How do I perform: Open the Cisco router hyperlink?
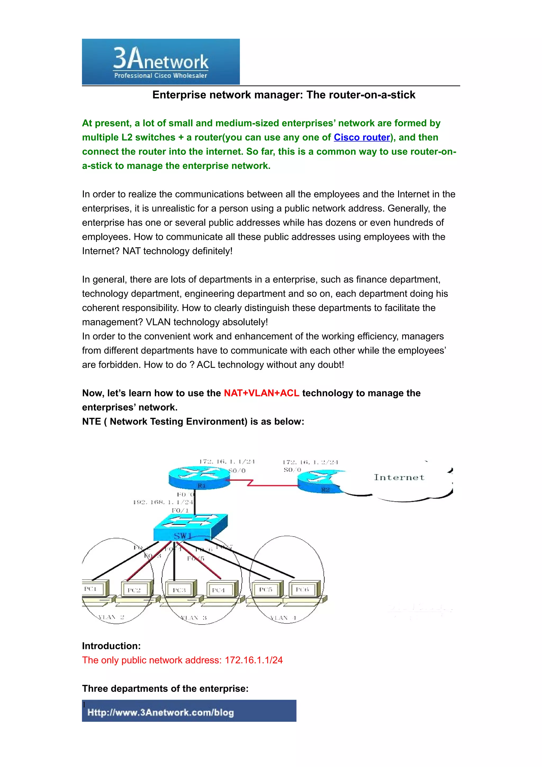(362, 137)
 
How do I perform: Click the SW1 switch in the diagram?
(190, 528)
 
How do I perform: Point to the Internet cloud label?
(399, 477)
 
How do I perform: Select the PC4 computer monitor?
(222, 590)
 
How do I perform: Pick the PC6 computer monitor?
(304, 590)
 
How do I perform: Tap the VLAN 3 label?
(194, 618)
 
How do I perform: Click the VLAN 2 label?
(111, 617)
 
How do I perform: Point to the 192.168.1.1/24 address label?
(163, 502)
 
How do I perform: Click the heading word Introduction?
(111, 646)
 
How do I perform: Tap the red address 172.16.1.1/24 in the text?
(254, 660)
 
